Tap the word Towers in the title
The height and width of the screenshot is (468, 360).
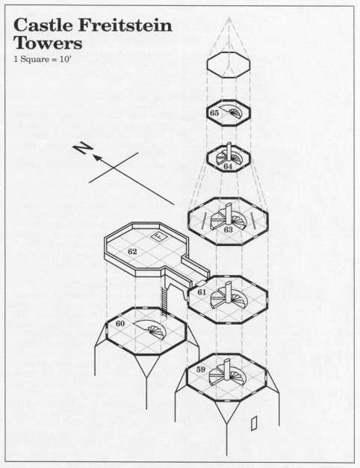[x=48, y=45]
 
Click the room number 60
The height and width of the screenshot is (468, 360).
[x=120, y=323]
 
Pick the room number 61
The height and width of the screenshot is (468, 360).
[x=202, y=292]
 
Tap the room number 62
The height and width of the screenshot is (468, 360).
[x=132, y=252]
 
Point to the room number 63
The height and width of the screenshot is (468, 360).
[x=229, y=230]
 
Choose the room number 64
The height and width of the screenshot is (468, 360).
[x=228, y=167]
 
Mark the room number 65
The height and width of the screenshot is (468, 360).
[x=214, y=113]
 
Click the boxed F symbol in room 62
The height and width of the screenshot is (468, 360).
[x=158, y=236]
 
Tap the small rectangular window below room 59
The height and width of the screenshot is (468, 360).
[x=255, y=424]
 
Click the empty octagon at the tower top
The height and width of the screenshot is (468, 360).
[x=228, y=65]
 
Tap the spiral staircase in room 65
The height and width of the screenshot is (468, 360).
[x=235, y=114]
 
